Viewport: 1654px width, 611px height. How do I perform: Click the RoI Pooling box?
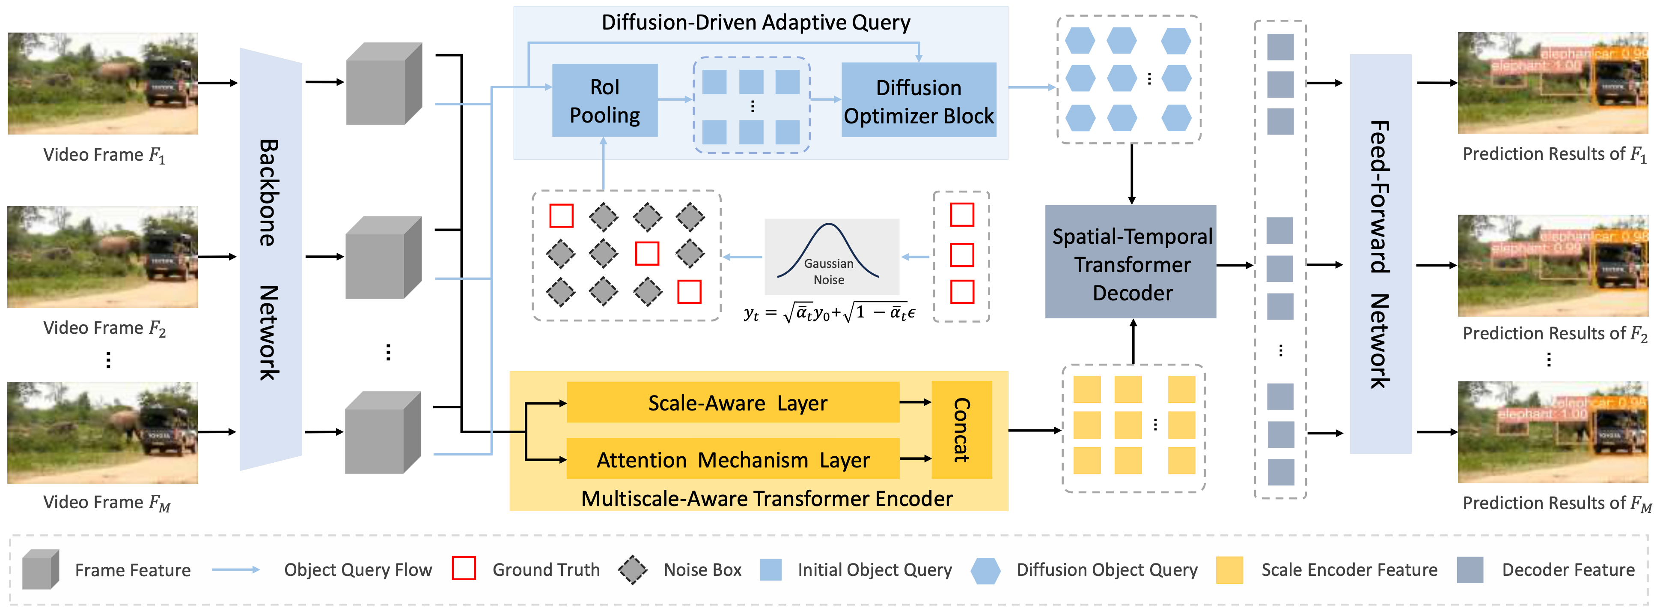click(x=604, y=100)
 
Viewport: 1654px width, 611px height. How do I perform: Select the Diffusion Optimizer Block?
click(x=918, y=100)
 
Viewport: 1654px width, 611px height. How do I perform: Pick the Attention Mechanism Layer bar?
click(x=733, y=459)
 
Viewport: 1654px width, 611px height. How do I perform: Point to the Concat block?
click(x=961, y=430)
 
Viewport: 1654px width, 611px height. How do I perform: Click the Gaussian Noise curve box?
click(x=831, y=256)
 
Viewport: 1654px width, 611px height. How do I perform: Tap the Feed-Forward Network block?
click(x=1380, y=254)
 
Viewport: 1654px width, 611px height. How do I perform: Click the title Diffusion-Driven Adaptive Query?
click(x=755, y=22)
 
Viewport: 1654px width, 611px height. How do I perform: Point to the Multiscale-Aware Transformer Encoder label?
click(x=767, y=499)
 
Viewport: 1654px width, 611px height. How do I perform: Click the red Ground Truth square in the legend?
click(x=464, y=569)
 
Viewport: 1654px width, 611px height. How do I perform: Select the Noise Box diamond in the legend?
click(x=633, y=569)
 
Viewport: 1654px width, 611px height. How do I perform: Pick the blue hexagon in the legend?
click(x=985, y=570)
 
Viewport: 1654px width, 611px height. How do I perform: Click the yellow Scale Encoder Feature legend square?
click(x=1229, y=570)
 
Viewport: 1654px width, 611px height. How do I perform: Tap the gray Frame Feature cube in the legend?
click(x=40, y=570)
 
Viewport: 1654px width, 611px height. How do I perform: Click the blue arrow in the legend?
click(x=235, y=570)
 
